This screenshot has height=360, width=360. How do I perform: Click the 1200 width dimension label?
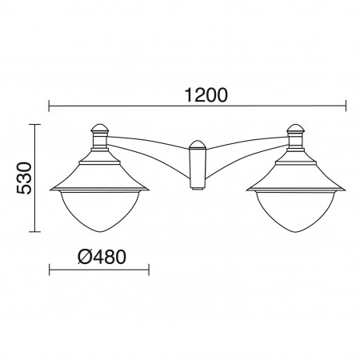point(206,95)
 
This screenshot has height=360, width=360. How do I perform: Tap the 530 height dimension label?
point(24,178)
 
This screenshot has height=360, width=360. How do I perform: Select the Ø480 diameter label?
point(102,257)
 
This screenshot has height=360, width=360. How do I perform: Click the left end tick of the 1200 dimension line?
point(49,106)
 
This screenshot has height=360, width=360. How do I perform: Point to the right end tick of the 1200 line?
point(346,106)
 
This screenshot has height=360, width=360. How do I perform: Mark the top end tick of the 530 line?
point(34,125)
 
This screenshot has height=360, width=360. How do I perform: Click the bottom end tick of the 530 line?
point(34,232)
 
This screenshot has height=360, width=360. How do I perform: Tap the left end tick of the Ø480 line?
point(50,270)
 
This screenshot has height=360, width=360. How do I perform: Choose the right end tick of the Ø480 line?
point(149,270)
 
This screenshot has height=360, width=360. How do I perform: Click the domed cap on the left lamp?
point(100,129)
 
